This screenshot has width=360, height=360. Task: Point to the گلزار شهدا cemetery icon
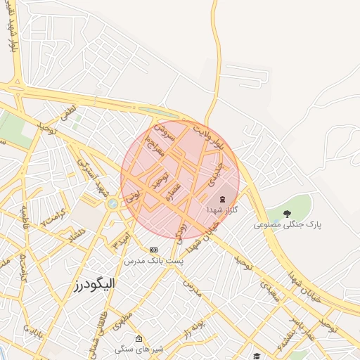coord(223,199)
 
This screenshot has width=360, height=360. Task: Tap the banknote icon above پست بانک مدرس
coord(153,249)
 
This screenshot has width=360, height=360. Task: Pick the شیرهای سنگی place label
coord(139,349)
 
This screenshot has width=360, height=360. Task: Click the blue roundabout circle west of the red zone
coord(112,204)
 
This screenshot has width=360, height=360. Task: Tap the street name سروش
coord(162,133)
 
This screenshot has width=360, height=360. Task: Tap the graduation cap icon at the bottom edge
coord(257,356)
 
